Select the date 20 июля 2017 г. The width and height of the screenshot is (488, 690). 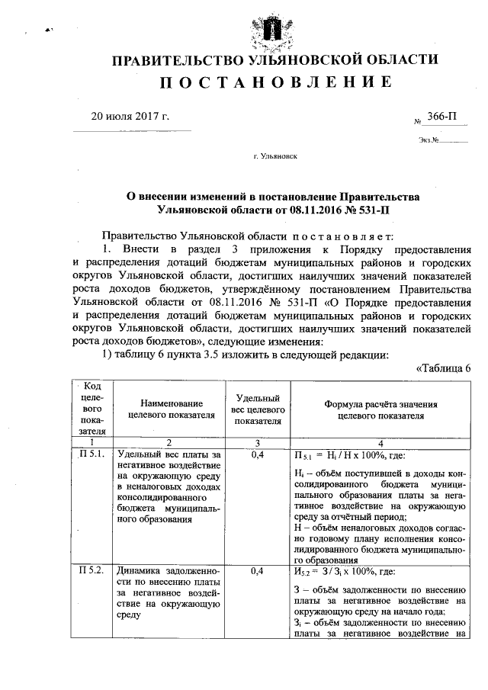pyautogui.click(x=130, y=117)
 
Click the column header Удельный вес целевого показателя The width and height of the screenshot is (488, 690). pyautogui.click(x=258, y=409)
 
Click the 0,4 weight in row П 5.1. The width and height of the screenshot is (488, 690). pyautogui.click(x=258, y=454)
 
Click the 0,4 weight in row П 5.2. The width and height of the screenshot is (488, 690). pyautogui.click(x=258, y=570)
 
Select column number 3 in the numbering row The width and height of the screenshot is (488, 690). pyautogui.click(x=258, y=441)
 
